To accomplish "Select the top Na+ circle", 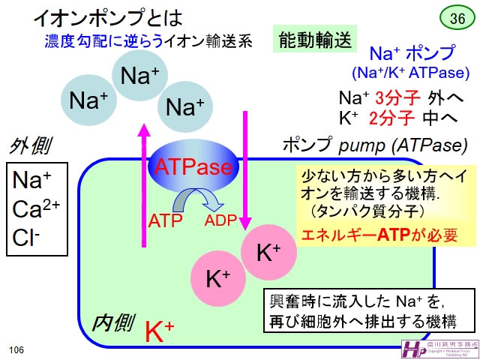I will [x=139, y=76].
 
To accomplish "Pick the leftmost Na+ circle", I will [x=89, y=101].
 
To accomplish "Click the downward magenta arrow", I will [x=244, y=172].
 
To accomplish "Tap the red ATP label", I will [x=166, y=220].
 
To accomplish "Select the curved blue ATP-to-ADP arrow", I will [x=198, y=200].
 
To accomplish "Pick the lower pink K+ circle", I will [x=217, y=279].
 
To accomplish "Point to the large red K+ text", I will [x=159, y=329].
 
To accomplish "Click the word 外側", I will [x=30, y=145].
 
